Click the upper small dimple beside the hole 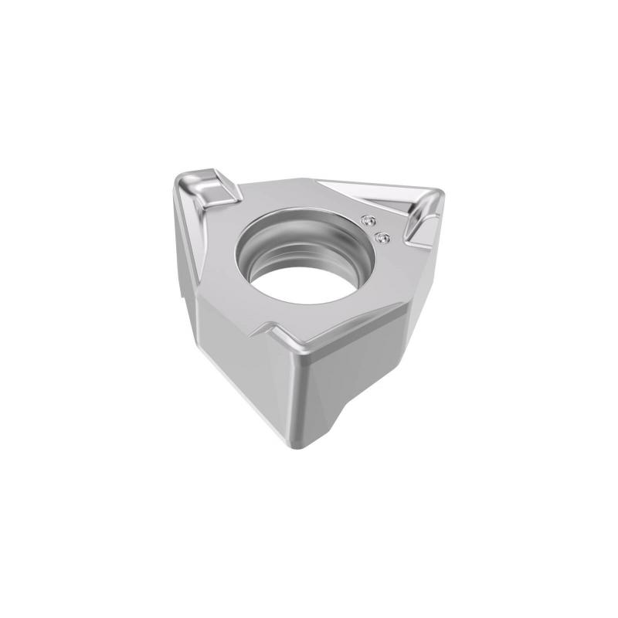(367, 218)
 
